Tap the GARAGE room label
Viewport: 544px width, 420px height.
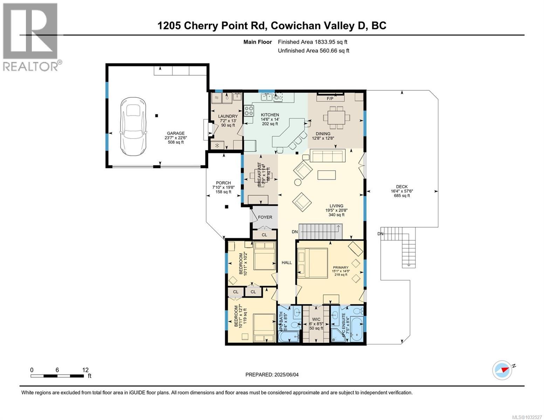(175, 133)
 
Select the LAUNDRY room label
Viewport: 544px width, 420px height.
(228, 117)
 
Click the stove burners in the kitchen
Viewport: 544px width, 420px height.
(249, 111)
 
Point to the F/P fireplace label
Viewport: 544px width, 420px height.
(330, 99)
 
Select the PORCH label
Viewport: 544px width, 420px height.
(223, 183)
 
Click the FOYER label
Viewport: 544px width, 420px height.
(265, 217)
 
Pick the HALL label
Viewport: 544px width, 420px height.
(287, 262)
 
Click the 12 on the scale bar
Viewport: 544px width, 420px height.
(85, 370)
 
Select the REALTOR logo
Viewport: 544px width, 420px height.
(31, 37)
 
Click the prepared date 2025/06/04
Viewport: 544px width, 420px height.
(286, 375)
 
